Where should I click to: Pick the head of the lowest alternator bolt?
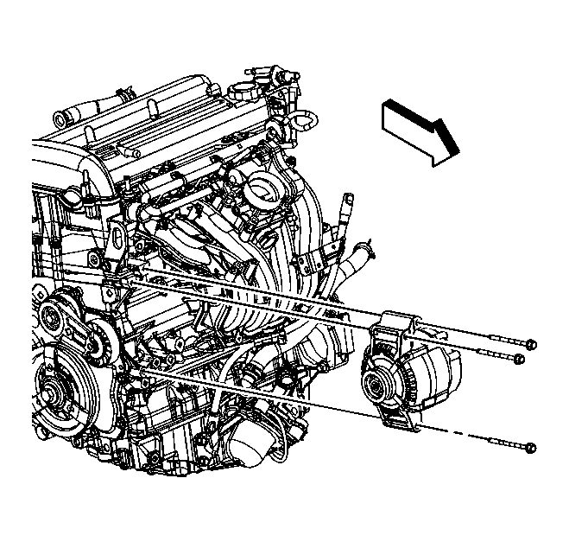coord(530,448)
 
